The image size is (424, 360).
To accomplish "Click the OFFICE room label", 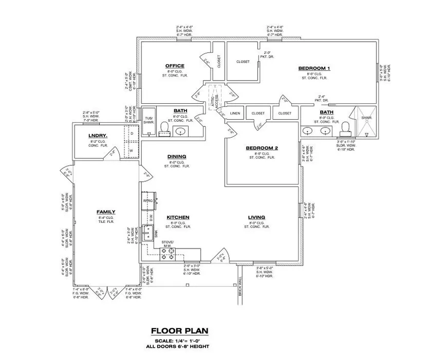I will pos(175,66).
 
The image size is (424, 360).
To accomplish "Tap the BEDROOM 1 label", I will pos(314,68).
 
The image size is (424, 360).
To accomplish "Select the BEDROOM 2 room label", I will pos(262,148).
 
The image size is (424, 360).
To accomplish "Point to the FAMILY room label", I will pos(106,212).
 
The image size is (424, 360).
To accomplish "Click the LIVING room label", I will pos(256,218).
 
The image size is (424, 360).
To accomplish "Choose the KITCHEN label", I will pos(178,218).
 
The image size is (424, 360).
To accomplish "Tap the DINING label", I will pos(176,157).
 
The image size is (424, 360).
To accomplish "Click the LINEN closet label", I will pos(235,113).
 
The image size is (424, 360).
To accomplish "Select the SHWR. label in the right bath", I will pos(366,118).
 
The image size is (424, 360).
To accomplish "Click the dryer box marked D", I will pos(132,133).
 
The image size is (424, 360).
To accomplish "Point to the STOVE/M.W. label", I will pos(168,243).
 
